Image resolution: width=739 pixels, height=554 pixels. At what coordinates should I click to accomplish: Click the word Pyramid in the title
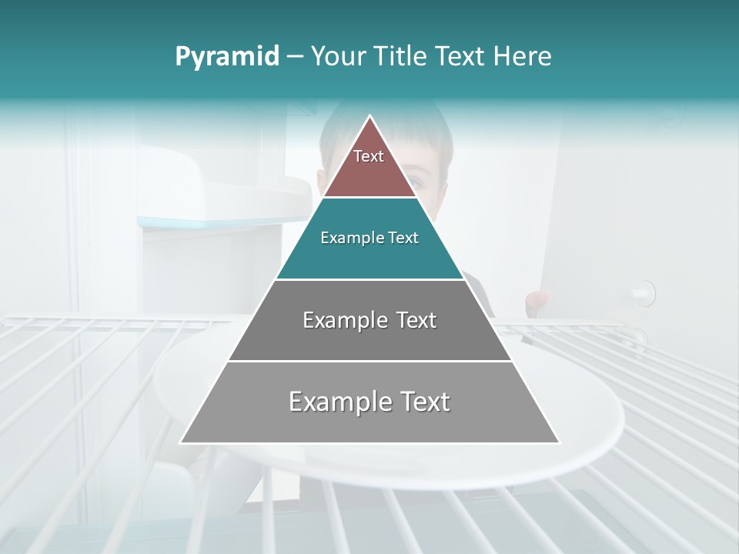coord(227,57)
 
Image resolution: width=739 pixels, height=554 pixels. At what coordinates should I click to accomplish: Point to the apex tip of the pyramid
coord(369,117)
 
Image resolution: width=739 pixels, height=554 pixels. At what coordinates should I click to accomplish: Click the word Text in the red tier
coord(369,156)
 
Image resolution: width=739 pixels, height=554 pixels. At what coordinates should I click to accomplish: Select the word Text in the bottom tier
coord(424,402)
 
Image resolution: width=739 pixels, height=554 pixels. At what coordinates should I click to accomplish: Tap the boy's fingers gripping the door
coord(537,299)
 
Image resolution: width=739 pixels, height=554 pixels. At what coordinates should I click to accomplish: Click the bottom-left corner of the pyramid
coord(181,442)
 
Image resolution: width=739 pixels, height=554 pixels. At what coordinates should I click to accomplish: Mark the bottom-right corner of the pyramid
coord(559,442)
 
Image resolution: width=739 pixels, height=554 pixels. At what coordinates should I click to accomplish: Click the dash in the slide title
coord(295,57)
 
